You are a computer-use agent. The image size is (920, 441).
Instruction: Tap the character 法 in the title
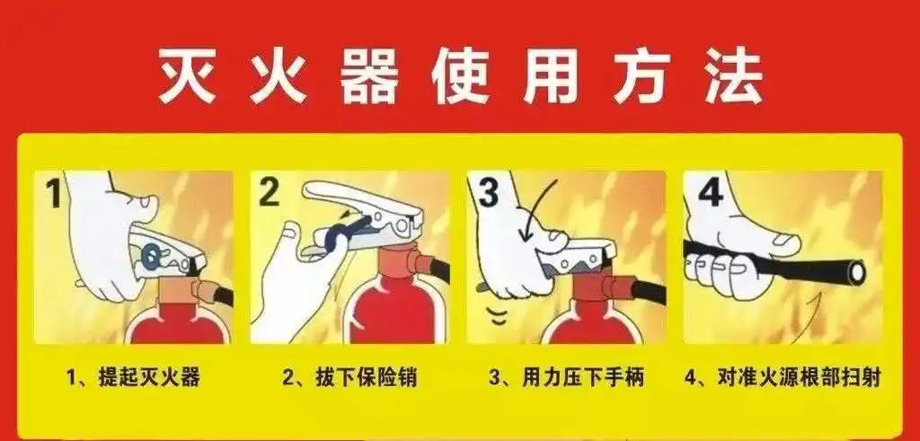click(732, 76)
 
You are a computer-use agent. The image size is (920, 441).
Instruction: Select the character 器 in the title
click(369, 76)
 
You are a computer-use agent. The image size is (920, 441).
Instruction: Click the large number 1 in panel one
click(53, 194)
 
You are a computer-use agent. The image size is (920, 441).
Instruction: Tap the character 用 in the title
click(550, 76)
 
